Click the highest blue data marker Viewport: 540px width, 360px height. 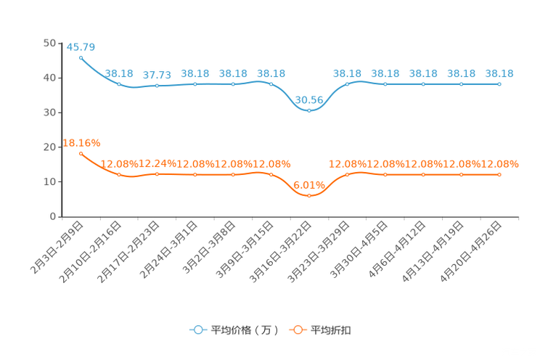pyautogui.click(x=81, y=57)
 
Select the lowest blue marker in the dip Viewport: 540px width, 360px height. pyautogui.click(x=309, y=110)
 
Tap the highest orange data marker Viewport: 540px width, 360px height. pyautogui.click(x=81, y=153)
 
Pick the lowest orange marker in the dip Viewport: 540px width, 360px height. pyautogui.click(x=309, y=195)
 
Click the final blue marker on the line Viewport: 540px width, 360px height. pyautogui.click(x=499, y=83)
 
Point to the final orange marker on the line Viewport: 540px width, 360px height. pyautogui.click(x=499, y=174)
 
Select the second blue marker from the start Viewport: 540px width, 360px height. pyautogui.click(x=119, y=83)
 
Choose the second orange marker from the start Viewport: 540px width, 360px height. pyautogui.click(x=119, y=174)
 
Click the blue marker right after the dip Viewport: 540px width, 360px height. pyautogui.click(x=347, y=83)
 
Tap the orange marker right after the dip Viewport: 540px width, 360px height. pyautogui.click(x=347, y=174)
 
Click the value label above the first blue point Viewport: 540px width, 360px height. pyautogui.click(x=81, y=47)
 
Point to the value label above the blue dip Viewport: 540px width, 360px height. pyautogui.click(x=310, y=99)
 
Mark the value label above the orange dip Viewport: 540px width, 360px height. pyautogui.click(x=310, y=185)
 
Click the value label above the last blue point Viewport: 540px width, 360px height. pyautogui.click(x=499, y=73)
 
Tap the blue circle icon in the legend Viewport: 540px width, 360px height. pyautogui.click(x=198, y=330)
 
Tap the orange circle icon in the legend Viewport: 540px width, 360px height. pyautogui.click(x=298, y=330)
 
